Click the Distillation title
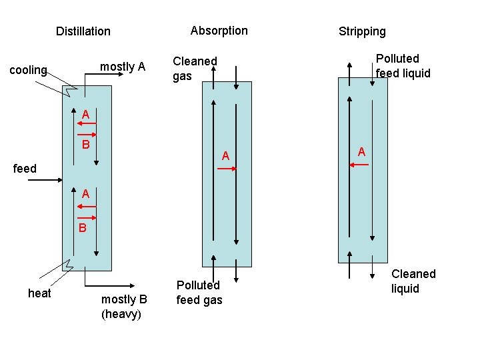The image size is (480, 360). point(83,31)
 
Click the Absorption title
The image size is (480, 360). point(219,31)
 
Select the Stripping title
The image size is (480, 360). point(362,31)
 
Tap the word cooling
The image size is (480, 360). point(27,70)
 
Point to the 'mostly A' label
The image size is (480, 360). point(123,67)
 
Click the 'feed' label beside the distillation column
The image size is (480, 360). point(25,169)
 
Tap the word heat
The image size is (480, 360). point(39,293)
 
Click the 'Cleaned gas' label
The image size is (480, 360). point(195,69)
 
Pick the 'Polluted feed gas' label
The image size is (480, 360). point(199,293)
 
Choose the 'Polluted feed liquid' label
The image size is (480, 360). point(403,66)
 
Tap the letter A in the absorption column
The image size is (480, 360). point(226,156)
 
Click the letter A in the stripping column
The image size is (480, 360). point(361,152)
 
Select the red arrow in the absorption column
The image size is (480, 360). point(227,169)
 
